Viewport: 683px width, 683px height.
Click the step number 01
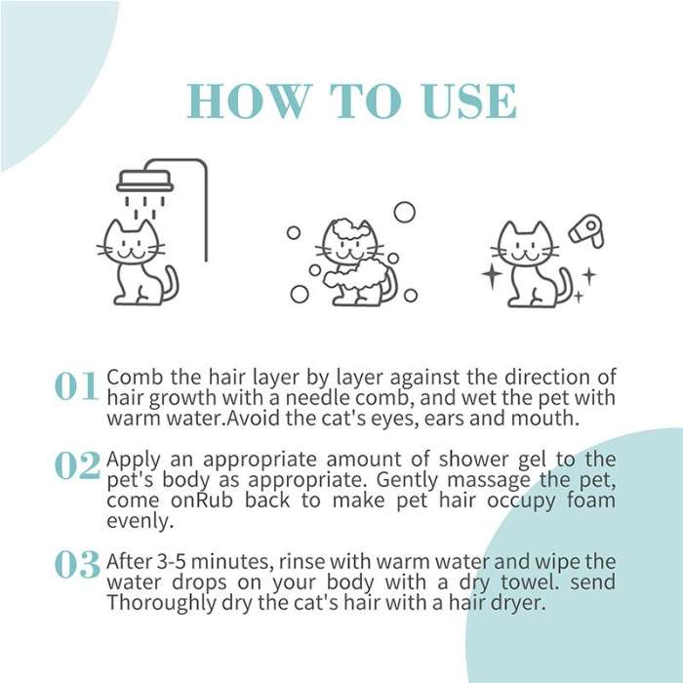click(76, 386)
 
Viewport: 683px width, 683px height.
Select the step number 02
click(76, 466)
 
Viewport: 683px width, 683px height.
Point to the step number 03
click(76, 564)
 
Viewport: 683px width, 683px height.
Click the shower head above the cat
click(144, 181)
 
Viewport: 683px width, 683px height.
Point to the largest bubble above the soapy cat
click(404, 212)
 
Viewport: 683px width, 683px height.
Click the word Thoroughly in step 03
click(154, 603)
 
